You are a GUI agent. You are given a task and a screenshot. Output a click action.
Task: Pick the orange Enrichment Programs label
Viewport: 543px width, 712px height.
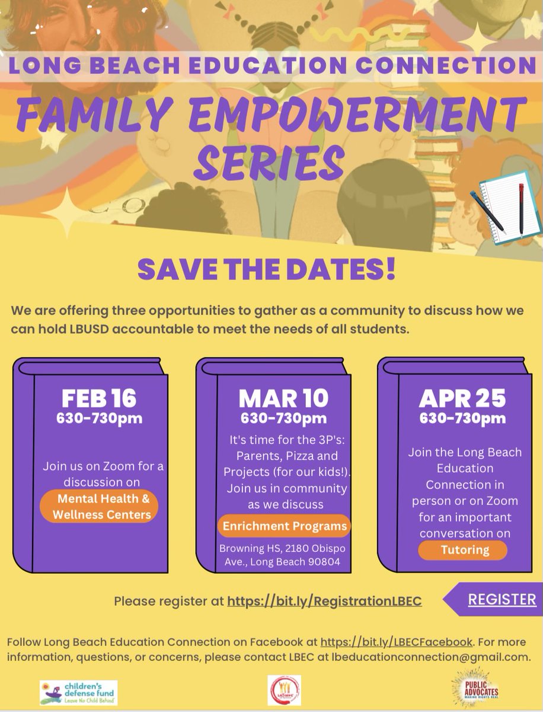[x=283, y=526]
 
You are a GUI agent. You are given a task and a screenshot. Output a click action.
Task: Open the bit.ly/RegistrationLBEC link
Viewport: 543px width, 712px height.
[x=325, y=601]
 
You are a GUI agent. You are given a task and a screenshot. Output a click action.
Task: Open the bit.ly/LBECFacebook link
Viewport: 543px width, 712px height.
[x=397, y=643]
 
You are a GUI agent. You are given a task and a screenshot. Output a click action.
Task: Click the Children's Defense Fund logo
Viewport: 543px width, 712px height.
[x=78, y=692]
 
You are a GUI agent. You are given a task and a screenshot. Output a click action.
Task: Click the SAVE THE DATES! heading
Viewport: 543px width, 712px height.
[x=266, y=270]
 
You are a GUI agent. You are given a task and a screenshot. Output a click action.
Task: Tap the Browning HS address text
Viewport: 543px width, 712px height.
[x=280, y=555]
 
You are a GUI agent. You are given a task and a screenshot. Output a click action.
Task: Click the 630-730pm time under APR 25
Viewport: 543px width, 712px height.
[x=463, y=418]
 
